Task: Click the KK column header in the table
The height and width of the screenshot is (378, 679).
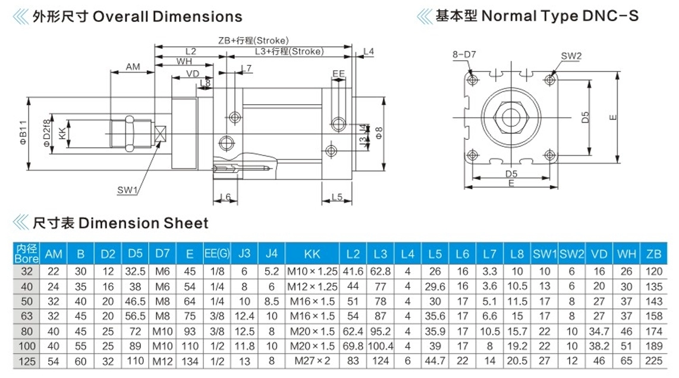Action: (312, 254)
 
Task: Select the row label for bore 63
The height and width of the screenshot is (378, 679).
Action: (26, 317)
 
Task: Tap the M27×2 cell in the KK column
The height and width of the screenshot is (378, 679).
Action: (312, 361)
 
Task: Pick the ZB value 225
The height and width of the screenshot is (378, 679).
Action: (653, 361)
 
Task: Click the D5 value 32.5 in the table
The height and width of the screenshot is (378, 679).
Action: (135, 272)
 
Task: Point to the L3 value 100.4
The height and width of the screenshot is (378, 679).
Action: (381, 346)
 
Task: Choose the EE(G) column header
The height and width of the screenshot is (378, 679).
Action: (217, 254)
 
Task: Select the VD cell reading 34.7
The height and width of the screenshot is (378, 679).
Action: (599, 332)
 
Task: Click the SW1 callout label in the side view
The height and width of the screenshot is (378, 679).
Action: (127, 190)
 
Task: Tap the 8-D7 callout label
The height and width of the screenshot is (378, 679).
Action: (464, 55)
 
